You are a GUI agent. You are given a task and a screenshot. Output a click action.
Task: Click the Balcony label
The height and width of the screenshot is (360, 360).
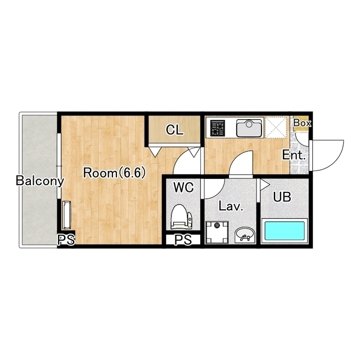[39, 181]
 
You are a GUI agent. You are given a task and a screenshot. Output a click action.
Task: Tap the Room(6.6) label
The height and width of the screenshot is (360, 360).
[114, 173]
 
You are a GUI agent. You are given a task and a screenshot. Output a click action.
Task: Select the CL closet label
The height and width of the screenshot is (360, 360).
[174, 130]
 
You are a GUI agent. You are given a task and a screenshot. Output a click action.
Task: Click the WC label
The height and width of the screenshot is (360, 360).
[184, 187]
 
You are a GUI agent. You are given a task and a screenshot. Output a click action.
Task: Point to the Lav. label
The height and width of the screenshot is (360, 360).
[231, 206]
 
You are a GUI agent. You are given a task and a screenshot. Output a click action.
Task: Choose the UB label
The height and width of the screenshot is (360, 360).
[282, 196]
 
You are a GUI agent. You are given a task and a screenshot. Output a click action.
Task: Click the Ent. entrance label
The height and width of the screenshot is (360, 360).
[294, 155]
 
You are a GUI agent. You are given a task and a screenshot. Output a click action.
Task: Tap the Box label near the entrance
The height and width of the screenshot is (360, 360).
[302, 123]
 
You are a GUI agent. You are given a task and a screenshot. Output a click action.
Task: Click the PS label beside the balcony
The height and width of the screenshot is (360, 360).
[66, 240]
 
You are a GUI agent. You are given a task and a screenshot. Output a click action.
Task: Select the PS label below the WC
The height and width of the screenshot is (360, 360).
[183, 240]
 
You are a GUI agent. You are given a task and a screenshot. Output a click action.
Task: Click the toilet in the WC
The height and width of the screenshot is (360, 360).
[182, 217]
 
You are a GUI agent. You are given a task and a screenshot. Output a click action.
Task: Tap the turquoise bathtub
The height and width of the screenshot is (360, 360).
[285, 231]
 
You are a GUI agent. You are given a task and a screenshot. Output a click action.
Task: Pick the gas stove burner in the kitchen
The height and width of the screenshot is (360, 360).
[218, 128]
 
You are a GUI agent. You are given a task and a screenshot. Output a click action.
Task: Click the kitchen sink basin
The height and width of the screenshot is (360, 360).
[249, 128]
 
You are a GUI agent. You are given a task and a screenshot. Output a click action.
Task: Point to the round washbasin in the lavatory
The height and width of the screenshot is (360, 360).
[245, 235]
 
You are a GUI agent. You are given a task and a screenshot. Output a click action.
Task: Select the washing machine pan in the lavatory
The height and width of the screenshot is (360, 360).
[217, 232]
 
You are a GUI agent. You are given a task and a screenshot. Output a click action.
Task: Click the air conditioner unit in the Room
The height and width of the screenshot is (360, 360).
[67, 215]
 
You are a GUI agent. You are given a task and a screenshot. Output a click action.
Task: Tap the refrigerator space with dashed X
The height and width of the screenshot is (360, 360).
[276, 128]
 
